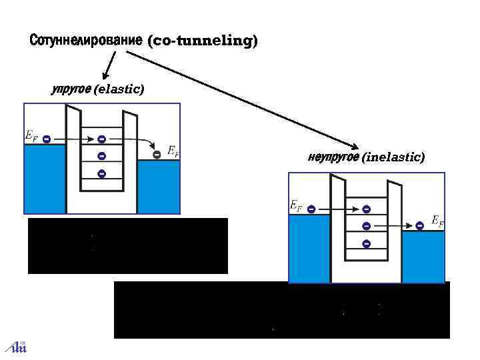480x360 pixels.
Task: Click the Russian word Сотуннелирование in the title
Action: pos(86,41)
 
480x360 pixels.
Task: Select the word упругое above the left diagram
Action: pos(71,89)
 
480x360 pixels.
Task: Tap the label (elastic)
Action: pos(120,89)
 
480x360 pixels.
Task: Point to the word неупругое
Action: pos(333,158)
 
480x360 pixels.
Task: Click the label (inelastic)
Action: pos(393,158)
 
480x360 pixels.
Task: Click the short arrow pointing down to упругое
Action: pos(109,65)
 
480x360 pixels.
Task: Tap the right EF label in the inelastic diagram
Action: pos(437,221)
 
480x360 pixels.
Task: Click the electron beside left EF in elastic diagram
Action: pos(46,139)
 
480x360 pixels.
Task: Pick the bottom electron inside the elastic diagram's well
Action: pos(101,174)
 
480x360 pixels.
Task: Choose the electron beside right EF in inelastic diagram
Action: pos(419,226)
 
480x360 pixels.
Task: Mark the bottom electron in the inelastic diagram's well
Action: pos(366,244)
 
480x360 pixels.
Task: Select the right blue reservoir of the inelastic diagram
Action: pos(423,257)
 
